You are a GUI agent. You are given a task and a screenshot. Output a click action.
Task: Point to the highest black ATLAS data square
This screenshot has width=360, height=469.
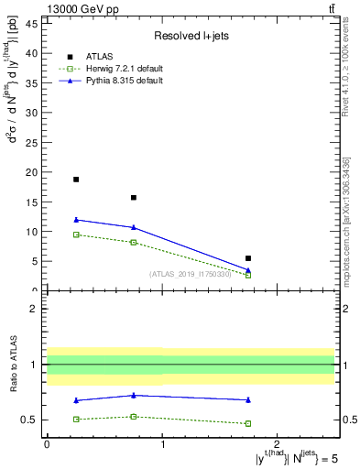click(76, 180)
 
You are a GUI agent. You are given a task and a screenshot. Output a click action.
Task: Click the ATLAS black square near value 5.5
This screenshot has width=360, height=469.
click(248, 258)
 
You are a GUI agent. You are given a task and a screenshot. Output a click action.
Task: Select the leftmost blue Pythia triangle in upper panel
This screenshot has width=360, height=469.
click(76, 220)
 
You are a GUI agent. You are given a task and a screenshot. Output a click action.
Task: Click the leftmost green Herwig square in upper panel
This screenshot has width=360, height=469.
click(76, 234)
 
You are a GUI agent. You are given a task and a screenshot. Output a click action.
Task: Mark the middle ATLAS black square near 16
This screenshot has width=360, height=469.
click(134, 197)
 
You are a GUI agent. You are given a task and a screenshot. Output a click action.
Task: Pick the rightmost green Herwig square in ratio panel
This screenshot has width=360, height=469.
click(248, 423)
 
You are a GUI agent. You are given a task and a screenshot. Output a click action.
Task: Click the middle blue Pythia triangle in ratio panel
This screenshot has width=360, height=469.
click(134, 396)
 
